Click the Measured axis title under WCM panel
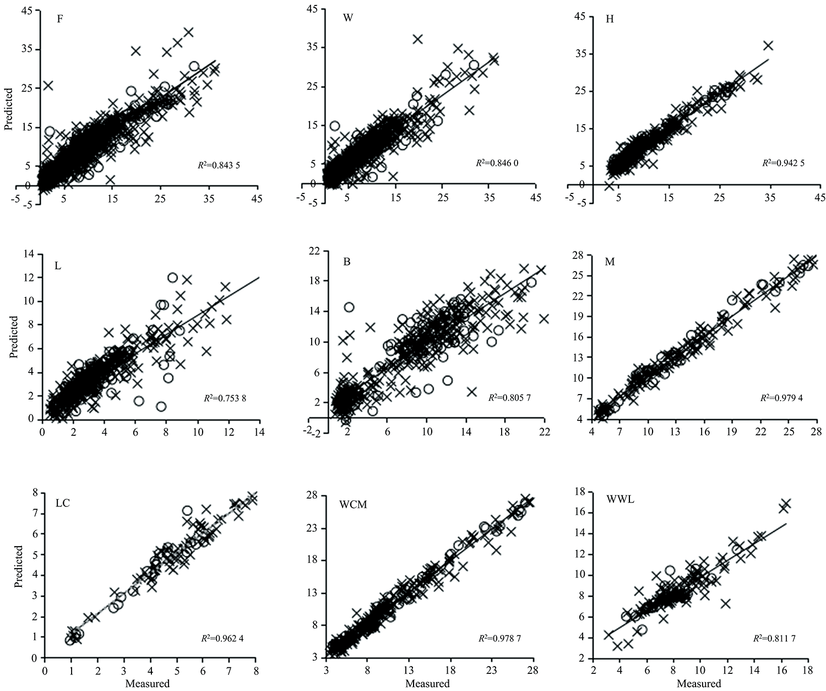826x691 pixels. [x=427, y=684]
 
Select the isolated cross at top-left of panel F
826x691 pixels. [x=48, y=85]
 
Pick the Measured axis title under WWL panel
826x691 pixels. [x=698, y=684]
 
